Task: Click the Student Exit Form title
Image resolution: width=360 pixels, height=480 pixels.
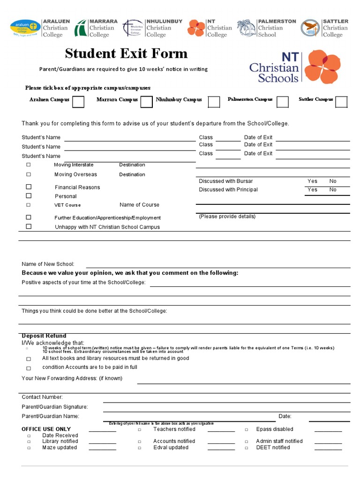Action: [126, 53]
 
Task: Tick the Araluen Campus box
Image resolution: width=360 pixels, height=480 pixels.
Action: [78, 102]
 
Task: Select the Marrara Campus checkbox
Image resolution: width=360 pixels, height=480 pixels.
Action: [147, 102]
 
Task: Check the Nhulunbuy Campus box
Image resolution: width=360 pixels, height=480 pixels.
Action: [214, 102]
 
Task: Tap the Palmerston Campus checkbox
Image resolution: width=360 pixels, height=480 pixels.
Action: [282, 102]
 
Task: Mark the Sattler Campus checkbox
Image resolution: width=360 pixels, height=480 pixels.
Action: [341, 102]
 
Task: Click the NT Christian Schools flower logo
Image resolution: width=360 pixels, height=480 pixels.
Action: [322, 67]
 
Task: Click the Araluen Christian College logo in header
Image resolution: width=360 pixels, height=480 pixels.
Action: [25, 28]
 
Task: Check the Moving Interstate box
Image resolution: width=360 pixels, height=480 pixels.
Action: [29, 165]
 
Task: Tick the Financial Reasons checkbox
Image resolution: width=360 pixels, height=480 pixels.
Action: [29, 187]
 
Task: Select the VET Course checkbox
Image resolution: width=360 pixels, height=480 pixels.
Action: [29, 205]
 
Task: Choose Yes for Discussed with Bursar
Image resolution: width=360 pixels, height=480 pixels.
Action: [312, 181]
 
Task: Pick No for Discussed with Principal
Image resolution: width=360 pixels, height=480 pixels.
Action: [333, 189]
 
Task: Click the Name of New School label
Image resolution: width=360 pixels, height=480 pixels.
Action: [48, 264]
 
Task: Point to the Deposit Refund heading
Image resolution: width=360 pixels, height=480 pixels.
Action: [44, 336]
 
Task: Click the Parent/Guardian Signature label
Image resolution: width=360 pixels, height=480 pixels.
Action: [54, 407]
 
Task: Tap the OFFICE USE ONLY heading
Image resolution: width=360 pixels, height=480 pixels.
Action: [46, 429]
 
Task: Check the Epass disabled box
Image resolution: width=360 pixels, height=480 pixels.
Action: [247, 429]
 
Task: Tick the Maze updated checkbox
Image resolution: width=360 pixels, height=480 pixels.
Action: [29, 448]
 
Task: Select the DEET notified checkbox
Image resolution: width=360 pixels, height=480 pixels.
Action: [247, 448]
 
